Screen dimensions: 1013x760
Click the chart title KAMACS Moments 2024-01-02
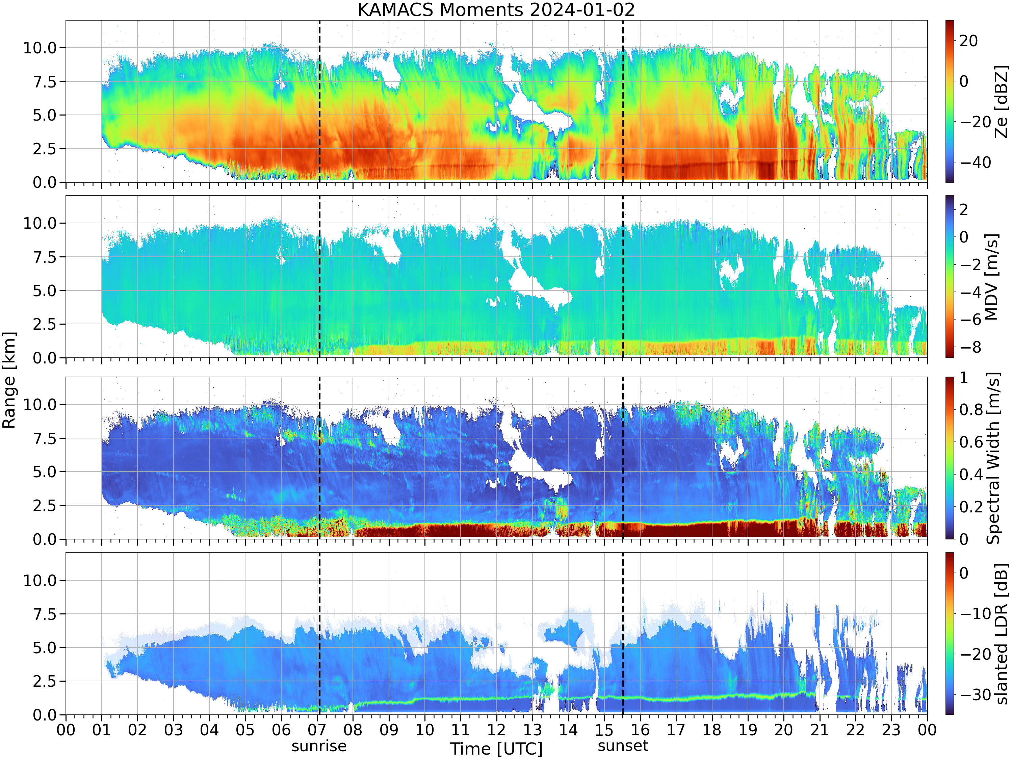[x=496, y=9]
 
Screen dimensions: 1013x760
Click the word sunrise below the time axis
[x=319, y=746]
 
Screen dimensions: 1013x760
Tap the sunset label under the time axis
[x=623, y=746]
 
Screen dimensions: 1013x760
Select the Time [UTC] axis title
[x=496, y=749]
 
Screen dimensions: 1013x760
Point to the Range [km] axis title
[x=9, y=380]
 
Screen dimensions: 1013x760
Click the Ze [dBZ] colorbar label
[x=1002, y=101]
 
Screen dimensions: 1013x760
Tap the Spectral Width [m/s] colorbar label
[x=993, y=458]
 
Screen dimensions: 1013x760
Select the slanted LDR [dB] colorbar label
[x=1002, y=634]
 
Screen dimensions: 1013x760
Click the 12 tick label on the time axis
[x=496, y=730]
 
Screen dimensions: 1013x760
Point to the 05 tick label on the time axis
[x=245, y=730]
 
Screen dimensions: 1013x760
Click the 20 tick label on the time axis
[x=784, y=730]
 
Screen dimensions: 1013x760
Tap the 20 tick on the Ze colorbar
[x=968, y=41]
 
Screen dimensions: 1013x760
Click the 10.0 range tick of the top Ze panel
[x=40, y=48]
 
